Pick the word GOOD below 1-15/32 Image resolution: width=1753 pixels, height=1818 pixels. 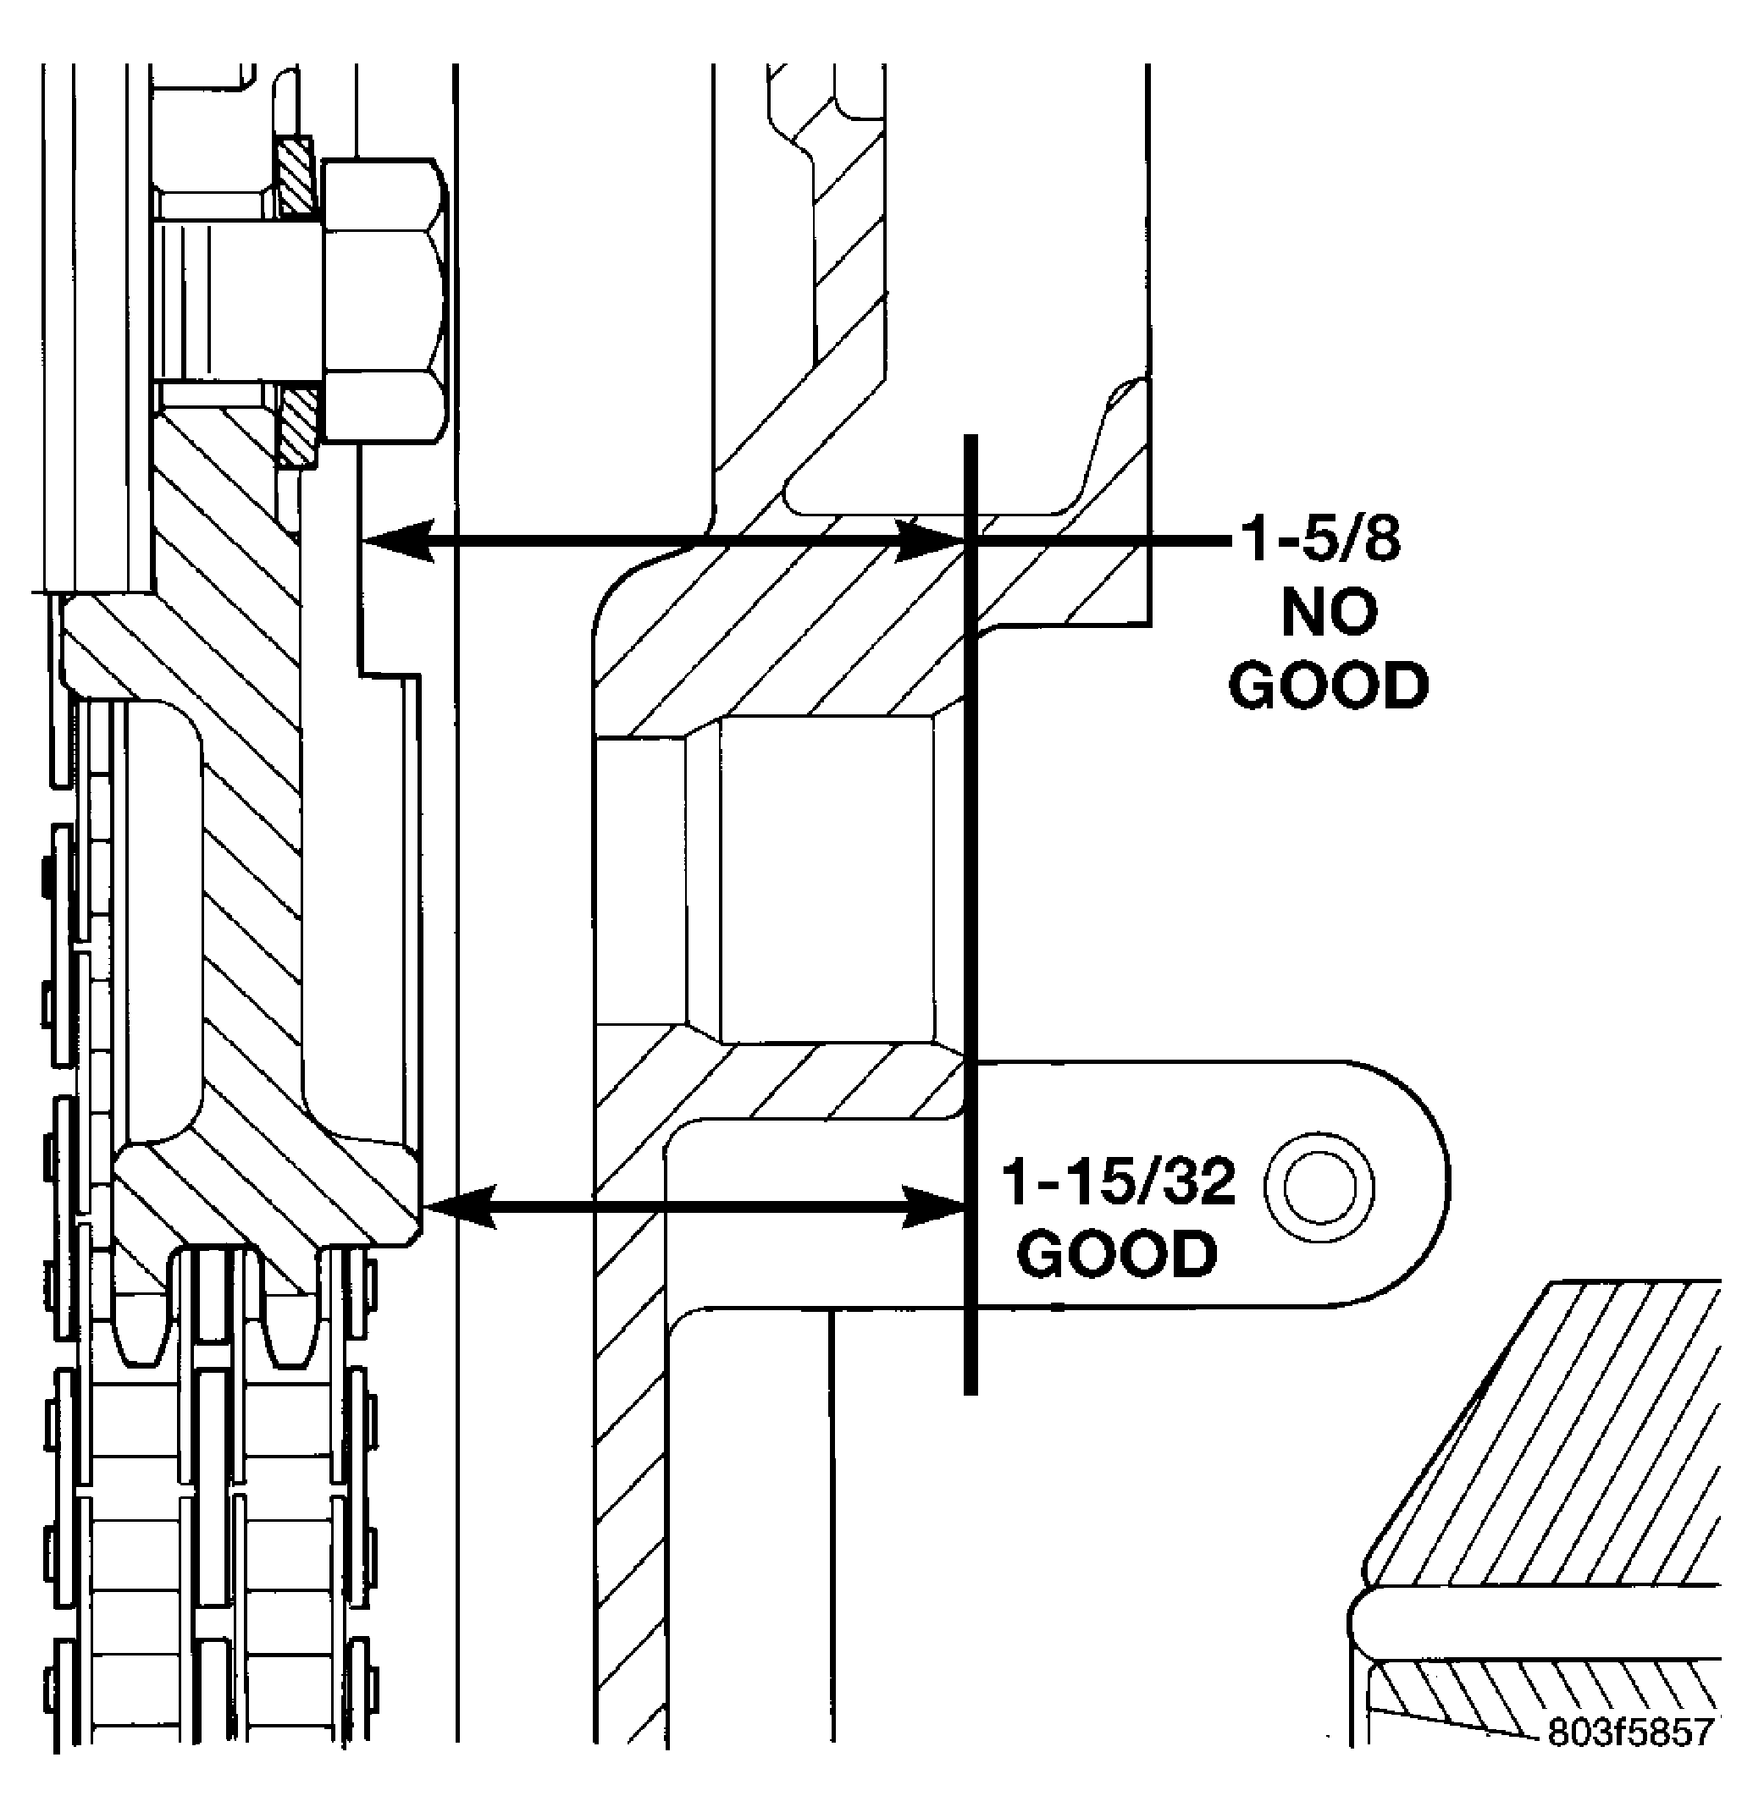click(x=1116, y=1254)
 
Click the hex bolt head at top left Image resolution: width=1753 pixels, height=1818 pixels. click(x=384, y=300)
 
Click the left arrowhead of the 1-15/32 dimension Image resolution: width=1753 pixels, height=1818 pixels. click(x=458, y=1206)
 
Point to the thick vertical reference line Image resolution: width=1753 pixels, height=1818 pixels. click(x=970, y=913)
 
